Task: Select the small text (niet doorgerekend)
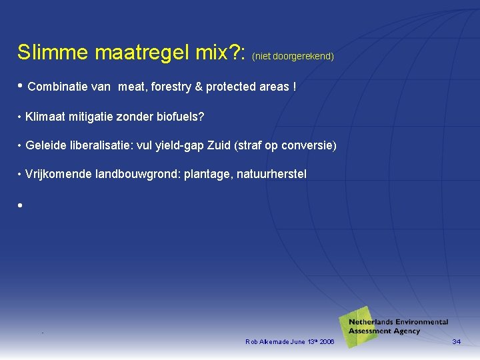293,57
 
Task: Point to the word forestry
174,87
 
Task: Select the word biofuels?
179,117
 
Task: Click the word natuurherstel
271,174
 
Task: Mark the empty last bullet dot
21,205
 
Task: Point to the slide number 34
456,342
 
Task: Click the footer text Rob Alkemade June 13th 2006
290,342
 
